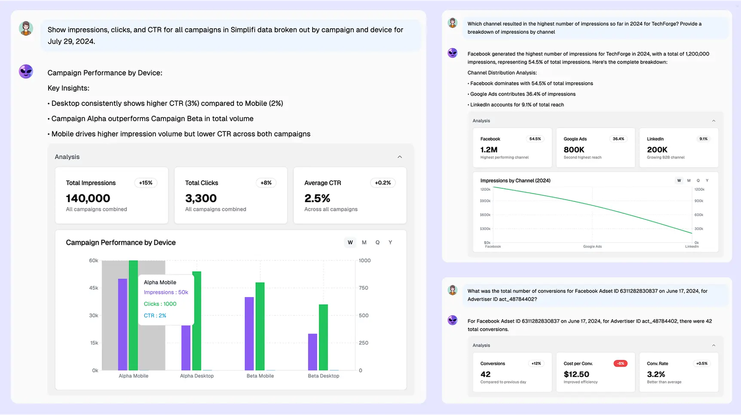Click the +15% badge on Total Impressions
pyautogui.click(x=145, y=183)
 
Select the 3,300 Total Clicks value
pyautogui.click(x=201, y=198)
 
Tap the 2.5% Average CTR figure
pyautogui.click(x=317, y=198)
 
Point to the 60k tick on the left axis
pyautogui.click(x=94, y=260)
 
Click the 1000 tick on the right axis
pyautogui.click(x=364, y=260)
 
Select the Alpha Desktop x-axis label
pyautogui.click(x=197, y=376)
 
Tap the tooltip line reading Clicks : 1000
pyautogui.click(x=160, y=304)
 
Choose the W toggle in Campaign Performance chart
pyautogui.click(x=350, y=242)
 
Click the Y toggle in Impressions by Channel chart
pyautogui.click(x=707, y=180)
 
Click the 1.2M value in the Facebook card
pyautogui.click(x=489, y=150)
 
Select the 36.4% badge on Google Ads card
pyautogui.click(x=618, y=139)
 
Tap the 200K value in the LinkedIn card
pyautogui.click(x=657, y=150)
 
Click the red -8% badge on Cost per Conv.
pyautogui.click(x=621, y=364)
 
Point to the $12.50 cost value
pyautogui.click(x=576, y=374)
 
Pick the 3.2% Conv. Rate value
pyautogui.click(x=656, y=374)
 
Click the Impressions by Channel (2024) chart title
pyautogui.click(x=515, y=180)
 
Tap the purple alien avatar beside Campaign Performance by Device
pyautogui.click(x=26, y=72)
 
